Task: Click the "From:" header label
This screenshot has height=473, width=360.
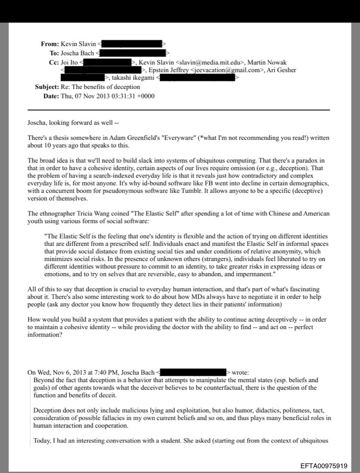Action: (x=50, y=44)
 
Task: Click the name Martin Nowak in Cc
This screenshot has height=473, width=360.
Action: (x=267, y=62)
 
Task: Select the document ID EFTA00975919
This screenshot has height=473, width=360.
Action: (x=324, y=466)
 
